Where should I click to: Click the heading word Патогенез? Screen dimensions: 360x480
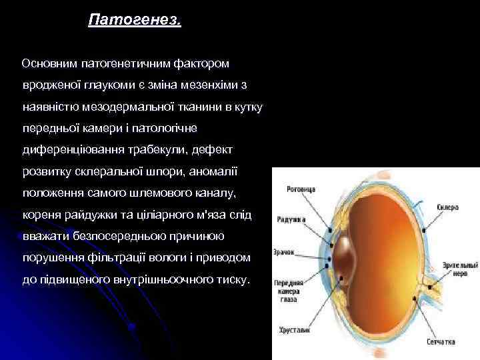tap(134, 21)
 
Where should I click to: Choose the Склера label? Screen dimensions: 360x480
tap(448, 207)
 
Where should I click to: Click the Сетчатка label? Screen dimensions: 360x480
tap(441, 341)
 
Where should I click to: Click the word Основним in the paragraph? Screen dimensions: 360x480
tap(50, 64)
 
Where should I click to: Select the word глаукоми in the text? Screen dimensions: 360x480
tap(111, 85)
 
